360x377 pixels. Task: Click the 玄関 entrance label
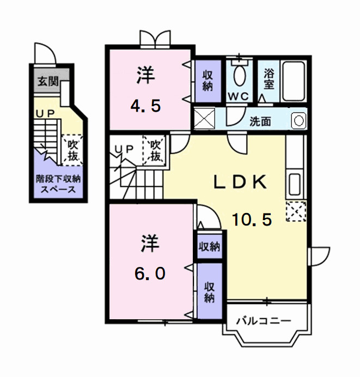[x=47, y=82]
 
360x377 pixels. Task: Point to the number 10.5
[x=252, y=220]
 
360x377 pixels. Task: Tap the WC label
[x=238, y=96]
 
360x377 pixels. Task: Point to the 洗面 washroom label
[x=260, y=121]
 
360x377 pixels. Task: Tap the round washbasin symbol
[x=297, y=120]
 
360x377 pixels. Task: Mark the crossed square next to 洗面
[x=204, y=118]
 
